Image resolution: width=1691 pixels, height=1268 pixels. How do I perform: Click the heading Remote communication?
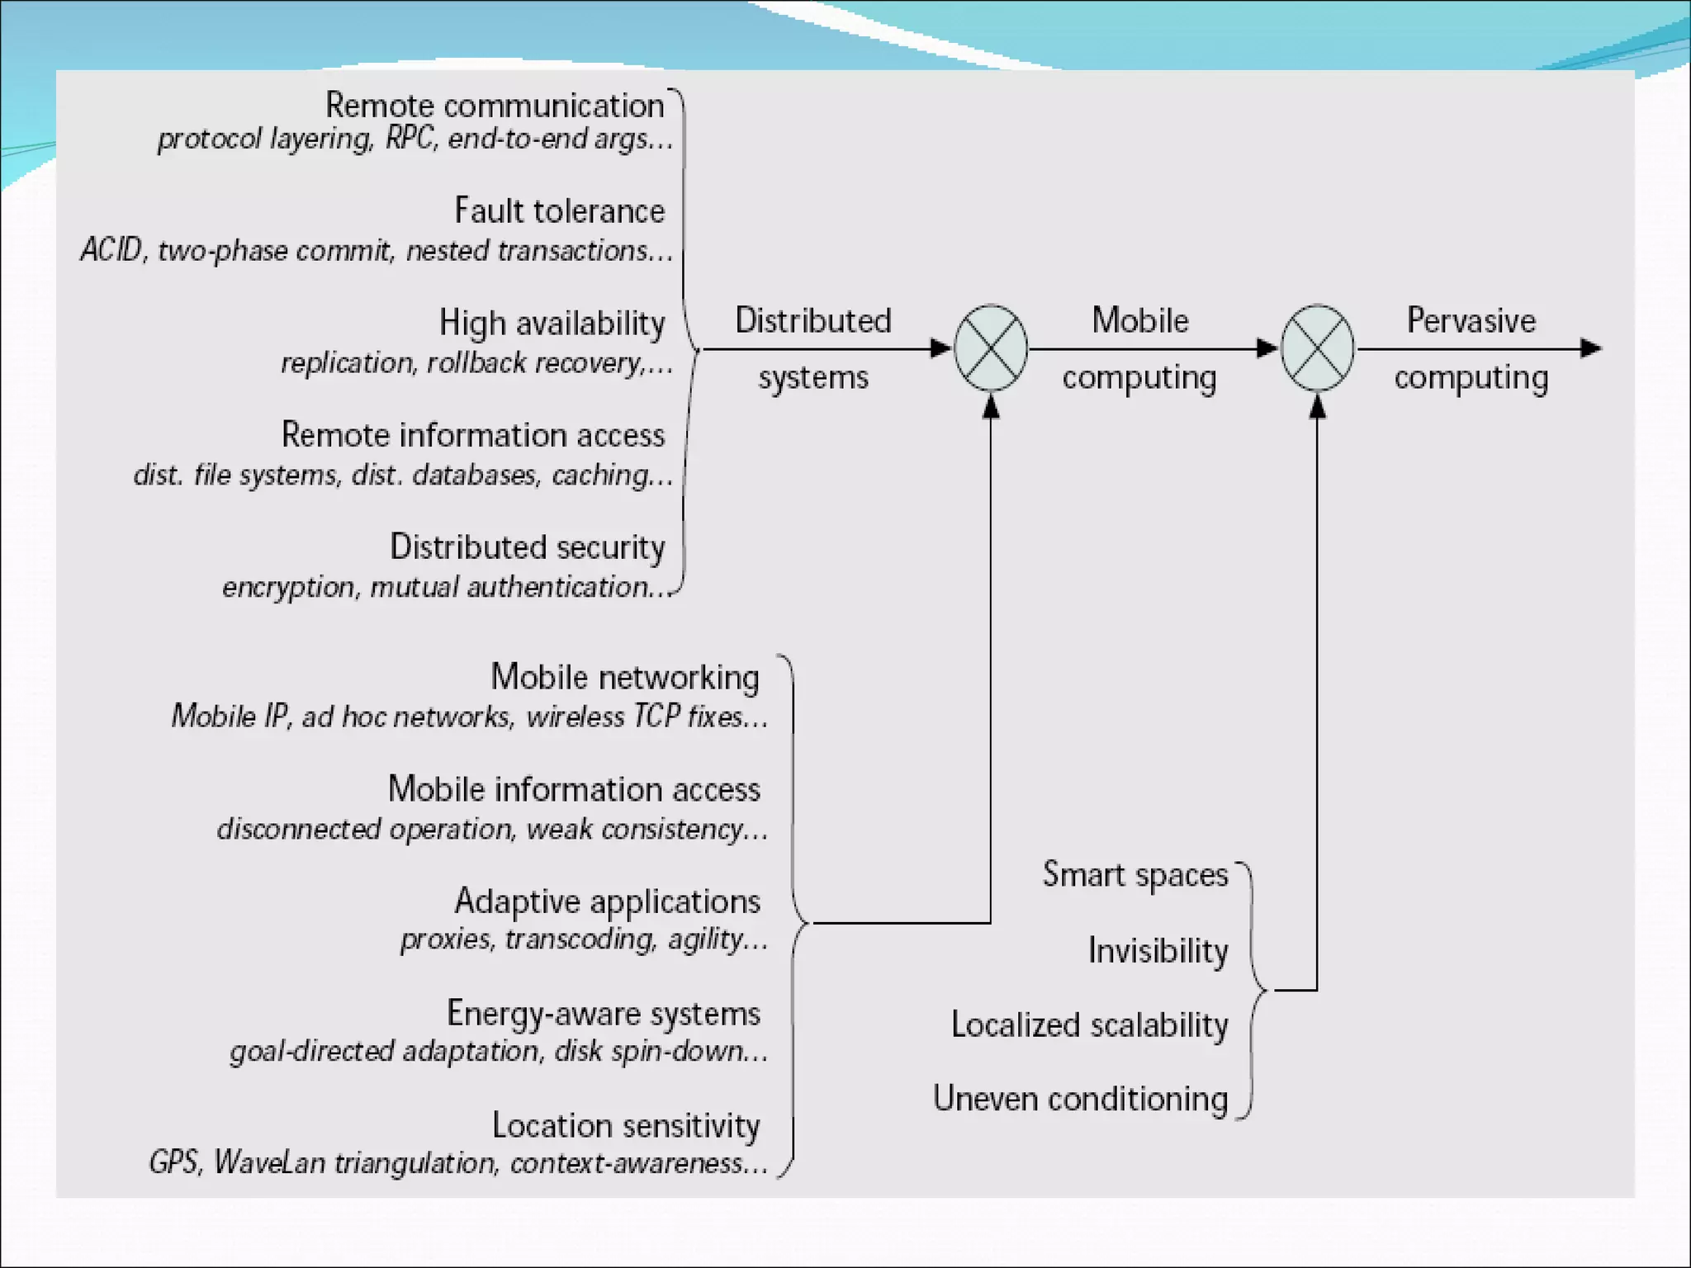tap(495, 106)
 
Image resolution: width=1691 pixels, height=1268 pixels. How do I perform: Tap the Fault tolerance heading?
tap(559, 211)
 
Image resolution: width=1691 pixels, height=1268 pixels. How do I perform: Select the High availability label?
tap(552, 323)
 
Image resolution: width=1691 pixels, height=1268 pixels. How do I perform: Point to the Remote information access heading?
tap(472, 435)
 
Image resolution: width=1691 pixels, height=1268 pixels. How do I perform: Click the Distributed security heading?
tap(527, 547)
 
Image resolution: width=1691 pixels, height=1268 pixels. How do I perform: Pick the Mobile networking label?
tap(624, 677)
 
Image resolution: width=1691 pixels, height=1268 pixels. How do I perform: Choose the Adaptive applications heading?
tap(607, 901)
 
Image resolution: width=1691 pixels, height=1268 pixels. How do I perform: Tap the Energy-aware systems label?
tap(603, 1014)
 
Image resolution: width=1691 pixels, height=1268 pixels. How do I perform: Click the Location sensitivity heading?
tap(625, 1126)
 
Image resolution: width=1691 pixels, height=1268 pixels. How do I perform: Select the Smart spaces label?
tap(1134, 875)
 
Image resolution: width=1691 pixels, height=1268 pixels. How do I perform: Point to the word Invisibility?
tap(1158, 951)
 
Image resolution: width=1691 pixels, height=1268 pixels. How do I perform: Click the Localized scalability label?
tap(1089, 1025)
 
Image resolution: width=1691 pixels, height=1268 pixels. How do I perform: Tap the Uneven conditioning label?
tap(1080, 1100)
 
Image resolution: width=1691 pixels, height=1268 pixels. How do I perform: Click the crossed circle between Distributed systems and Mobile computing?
tap(991, 348)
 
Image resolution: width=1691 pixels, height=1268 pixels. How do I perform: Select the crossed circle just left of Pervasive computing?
tap(1317, 348)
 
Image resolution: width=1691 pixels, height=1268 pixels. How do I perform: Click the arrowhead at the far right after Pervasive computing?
tap(1591, 348)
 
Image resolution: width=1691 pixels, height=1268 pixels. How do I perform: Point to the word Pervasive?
tap(1471, 320)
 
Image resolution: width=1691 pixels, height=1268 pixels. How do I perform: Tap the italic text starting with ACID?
tap(377, 250)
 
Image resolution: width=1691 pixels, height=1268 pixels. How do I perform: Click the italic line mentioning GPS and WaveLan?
tap(458, 1163)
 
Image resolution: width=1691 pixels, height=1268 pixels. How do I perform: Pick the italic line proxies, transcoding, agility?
tap(584, 939)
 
